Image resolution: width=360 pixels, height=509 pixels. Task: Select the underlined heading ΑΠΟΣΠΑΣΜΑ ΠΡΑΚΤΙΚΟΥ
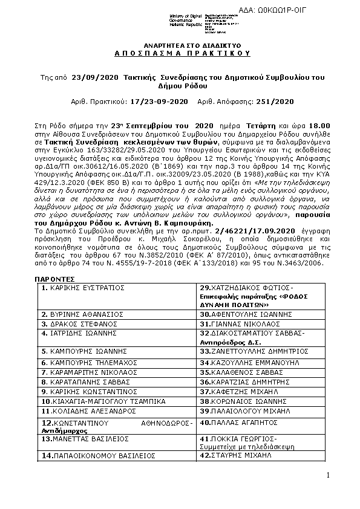tap(182, 54)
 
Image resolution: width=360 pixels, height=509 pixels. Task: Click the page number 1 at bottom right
tap(327, 476)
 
